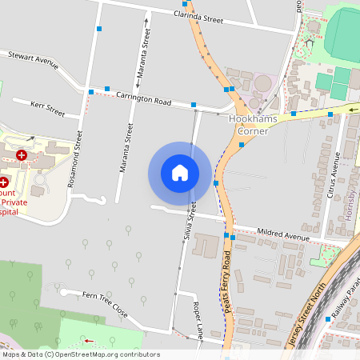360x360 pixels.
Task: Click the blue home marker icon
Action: coord(180,173)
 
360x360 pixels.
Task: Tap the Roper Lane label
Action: coord(196,318)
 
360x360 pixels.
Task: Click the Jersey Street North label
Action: coord(303,317)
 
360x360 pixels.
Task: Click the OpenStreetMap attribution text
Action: coord(81,354)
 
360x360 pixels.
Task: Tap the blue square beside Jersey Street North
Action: coord(328,319)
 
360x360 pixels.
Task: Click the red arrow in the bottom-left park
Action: coord(87,341)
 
